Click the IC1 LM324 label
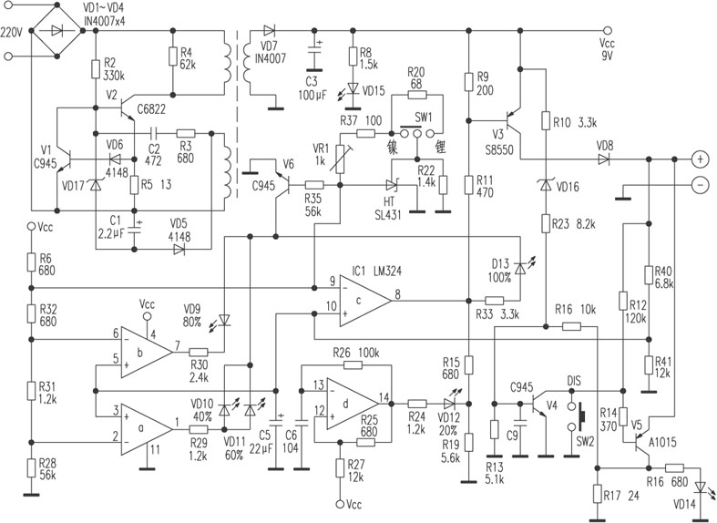click(374, 271)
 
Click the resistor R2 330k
click(95, 69)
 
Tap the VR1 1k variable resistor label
click(320, 154)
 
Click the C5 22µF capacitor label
click(266, 440)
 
